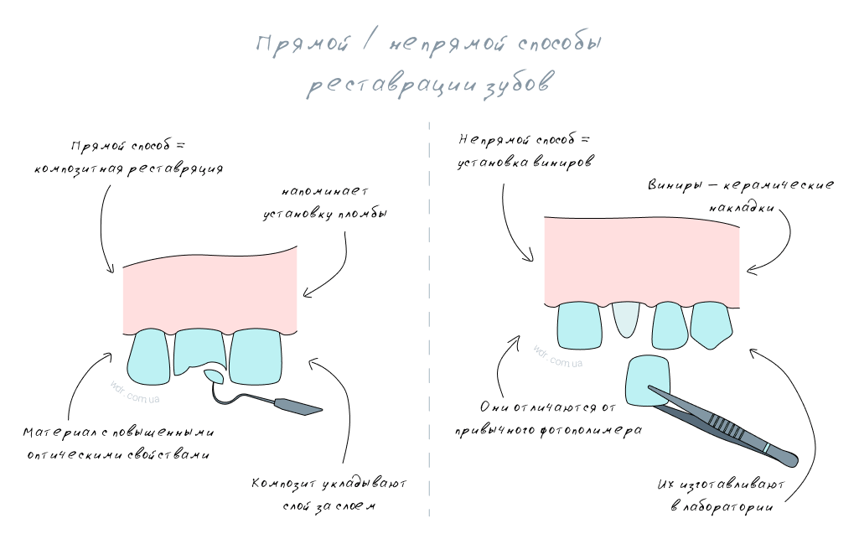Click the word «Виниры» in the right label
coord(672,184)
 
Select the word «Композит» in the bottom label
coord(284,485)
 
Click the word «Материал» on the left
coord(55,433)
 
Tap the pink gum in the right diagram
coord(641,256)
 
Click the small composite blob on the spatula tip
coord(215,376)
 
